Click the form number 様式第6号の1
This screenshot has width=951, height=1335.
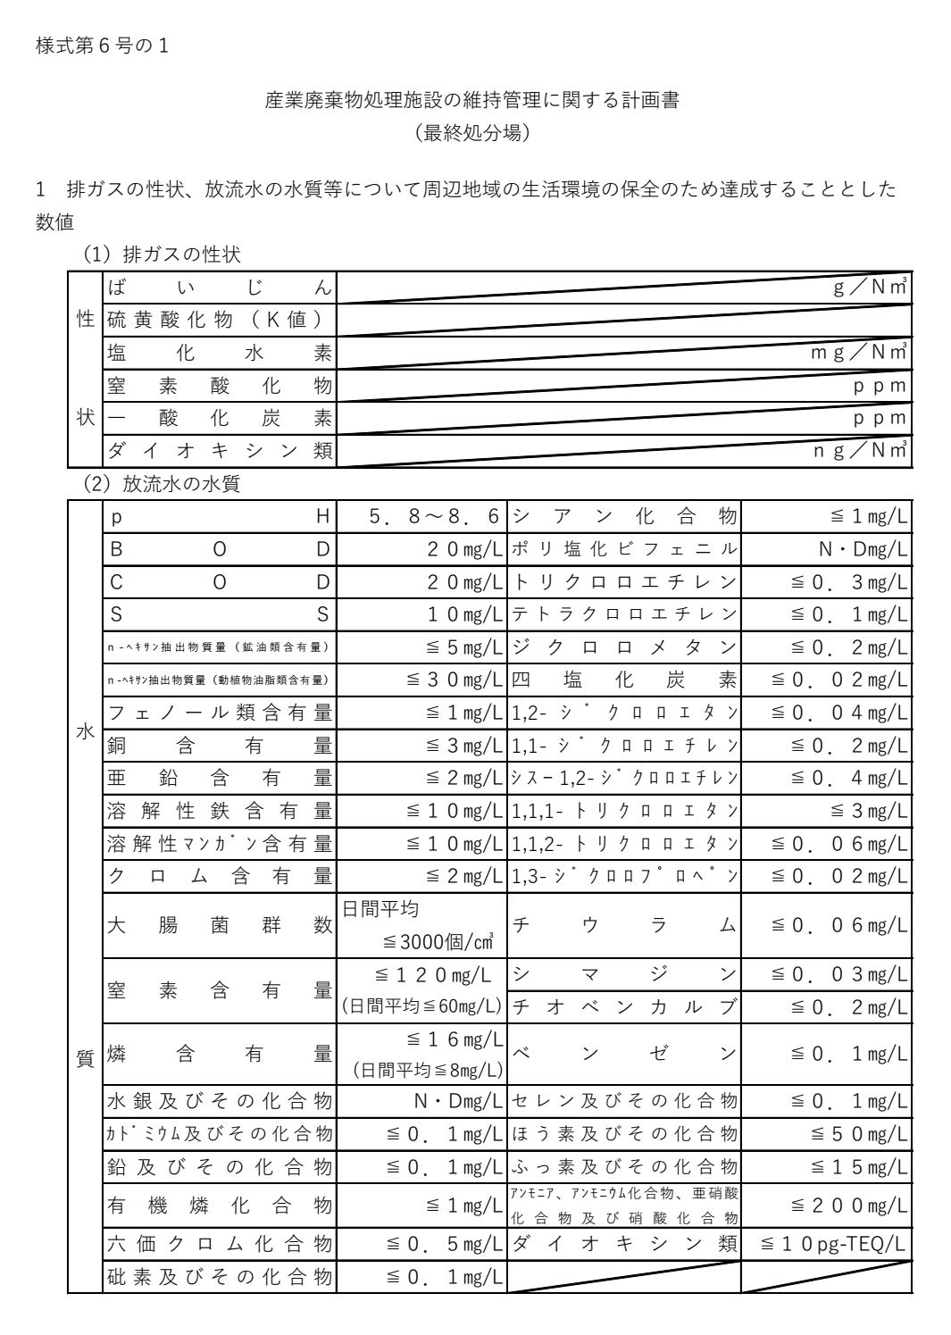pyautogui.click(x=102, y=46)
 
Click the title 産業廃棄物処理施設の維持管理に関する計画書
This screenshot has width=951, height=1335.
pyautogui.click(x=472, y=100)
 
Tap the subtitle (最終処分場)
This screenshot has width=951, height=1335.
pyautogui.click(x=472, y=133)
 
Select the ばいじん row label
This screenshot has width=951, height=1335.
pyautogui.click(x=219, y=288)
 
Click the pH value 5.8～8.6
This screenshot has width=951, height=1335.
pyautogui.click(x=435, y=516)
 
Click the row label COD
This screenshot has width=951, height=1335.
pyautogui.click(x=219, y=582)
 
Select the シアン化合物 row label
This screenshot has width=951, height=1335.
pyautogui.click(x=624, y=516)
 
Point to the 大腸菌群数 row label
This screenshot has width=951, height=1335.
pyautogui.click(x=219, y=926)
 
